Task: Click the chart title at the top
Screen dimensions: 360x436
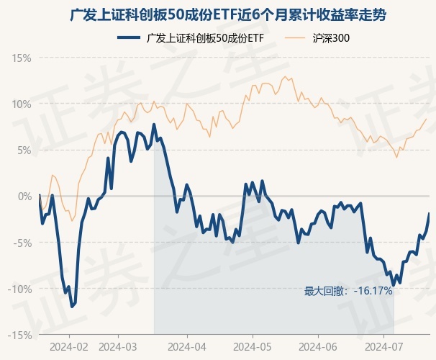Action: click(218, 14)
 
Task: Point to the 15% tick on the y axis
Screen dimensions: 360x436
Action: click(22, 58)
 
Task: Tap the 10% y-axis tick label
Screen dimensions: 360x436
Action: click(22, 104)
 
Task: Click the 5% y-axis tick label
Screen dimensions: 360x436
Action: click(24, 150)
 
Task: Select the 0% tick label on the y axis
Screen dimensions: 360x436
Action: click(24, 196)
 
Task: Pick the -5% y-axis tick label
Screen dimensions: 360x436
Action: click(22, 243)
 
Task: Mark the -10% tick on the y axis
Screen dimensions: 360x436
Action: click(20, 289)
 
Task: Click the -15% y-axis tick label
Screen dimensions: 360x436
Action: click(20, 335)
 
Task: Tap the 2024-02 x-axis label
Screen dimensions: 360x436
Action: click(69, 346)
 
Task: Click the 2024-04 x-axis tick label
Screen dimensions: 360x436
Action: click(187, 346)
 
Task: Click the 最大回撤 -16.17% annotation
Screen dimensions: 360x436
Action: click(348, 291)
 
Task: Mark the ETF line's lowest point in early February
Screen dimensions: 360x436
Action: click(72, 307)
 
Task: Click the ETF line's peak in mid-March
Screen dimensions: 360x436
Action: click(154, 125)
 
